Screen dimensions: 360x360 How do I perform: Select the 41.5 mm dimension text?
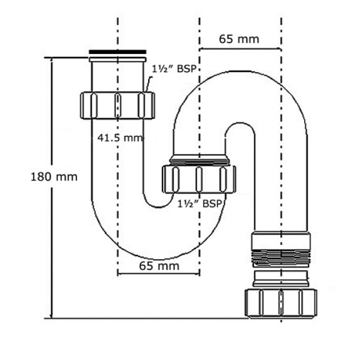tap(121, 137)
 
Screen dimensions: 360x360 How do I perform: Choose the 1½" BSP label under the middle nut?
tap(200, 203)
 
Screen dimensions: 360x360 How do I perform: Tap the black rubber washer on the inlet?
tap(118, 53)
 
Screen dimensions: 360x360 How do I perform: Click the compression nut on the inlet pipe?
tap(117, 106)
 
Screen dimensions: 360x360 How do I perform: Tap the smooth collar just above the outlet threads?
tap(281, 239)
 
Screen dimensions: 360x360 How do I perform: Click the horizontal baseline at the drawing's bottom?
tap(150, 318)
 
